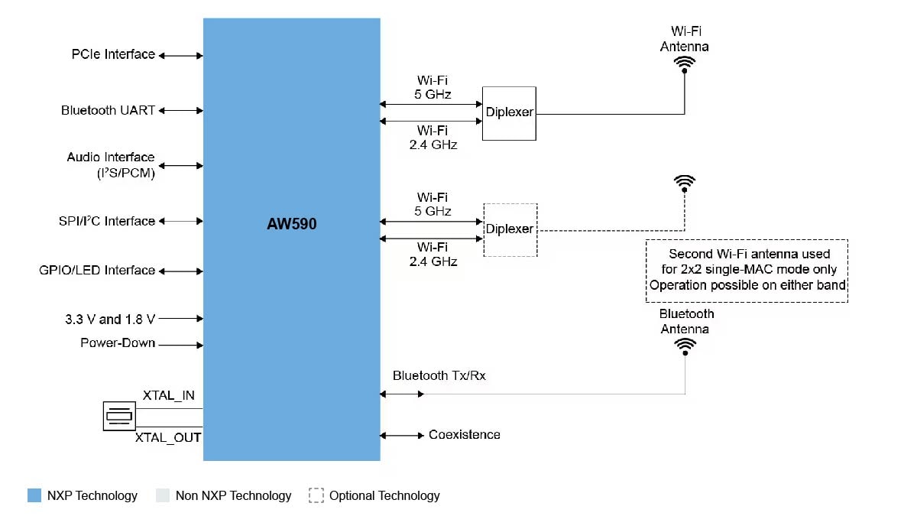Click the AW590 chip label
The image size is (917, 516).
pos(292,225)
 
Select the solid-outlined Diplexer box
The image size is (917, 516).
pos(509,113)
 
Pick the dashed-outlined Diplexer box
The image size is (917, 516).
pos(510,229)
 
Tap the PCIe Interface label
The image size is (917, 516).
pos(113,54)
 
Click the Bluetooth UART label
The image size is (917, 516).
pos(108,110)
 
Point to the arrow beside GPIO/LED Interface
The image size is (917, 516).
pos(180,271)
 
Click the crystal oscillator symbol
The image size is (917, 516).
pos(119,416)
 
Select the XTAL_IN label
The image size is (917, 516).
pos(168,395)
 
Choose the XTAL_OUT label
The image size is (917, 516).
pos(168,438)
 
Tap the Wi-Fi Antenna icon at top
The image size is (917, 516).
pos(684,63)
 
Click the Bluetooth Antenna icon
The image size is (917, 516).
pos(685,346)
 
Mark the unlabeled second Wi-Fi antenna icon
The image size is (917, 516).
pos(685,182)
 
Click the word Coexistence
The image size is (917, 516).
pos(465,434)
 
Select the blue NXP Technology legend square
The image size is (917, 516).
pos(34,495)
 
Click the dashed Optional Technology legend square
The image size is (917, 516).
pos(316,495)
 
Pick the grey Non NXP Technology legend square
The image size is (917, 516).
pos(162,495)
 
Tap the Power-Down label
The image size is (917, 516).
pos(118,343)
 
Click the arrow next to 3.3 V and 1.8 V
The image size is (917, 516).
pos(180,319)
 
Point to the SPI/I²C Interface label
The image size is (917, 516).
pos(107,221)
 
